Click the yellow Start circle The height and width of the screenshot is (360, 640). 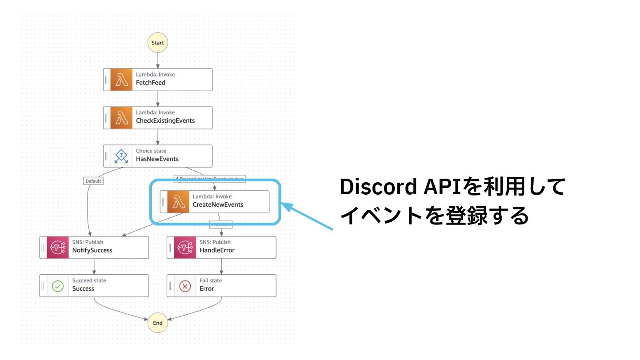tap(158, 43)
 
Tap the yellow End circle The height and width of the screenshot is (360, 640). tap(158, 323)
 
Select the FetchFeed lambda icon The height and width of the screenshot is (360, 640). tap(121, 80)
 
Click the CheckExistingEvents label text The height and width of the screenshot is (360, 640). tap(165, 120)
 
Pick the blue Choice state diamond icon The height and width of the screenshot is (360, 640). tap(121, 156)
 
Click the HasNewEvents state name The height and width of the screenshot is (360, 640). tap(157, 159)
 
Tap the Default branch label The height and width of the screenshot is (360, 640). tap(92, 181)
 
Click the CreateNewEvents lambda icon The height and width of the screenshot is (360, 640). tap(178, 202)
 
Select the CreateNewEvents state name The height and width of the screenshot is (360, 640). tap(218, 205)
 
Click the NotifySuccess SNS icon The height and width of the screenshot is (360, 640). tap(58, 248)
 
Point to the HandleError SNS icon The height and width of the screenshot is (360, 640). tap(185, 248)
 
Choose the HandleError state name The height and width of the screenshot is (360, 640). tap(217, 250)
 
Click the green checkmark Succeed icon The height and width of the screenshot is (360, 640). tap(58, 286)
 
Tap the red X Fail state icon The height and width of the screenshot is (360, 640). tap(185, 286)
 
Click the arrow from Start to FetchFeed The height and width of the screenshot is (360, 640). tap(158, 60)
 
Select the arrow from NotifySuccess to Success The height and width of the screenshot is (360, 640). tap(94, 267)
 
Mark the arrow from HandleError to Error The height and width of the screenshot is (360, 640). tap(221, 267)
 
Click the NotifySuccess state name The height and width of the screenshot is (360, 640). tap(92, 250)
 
